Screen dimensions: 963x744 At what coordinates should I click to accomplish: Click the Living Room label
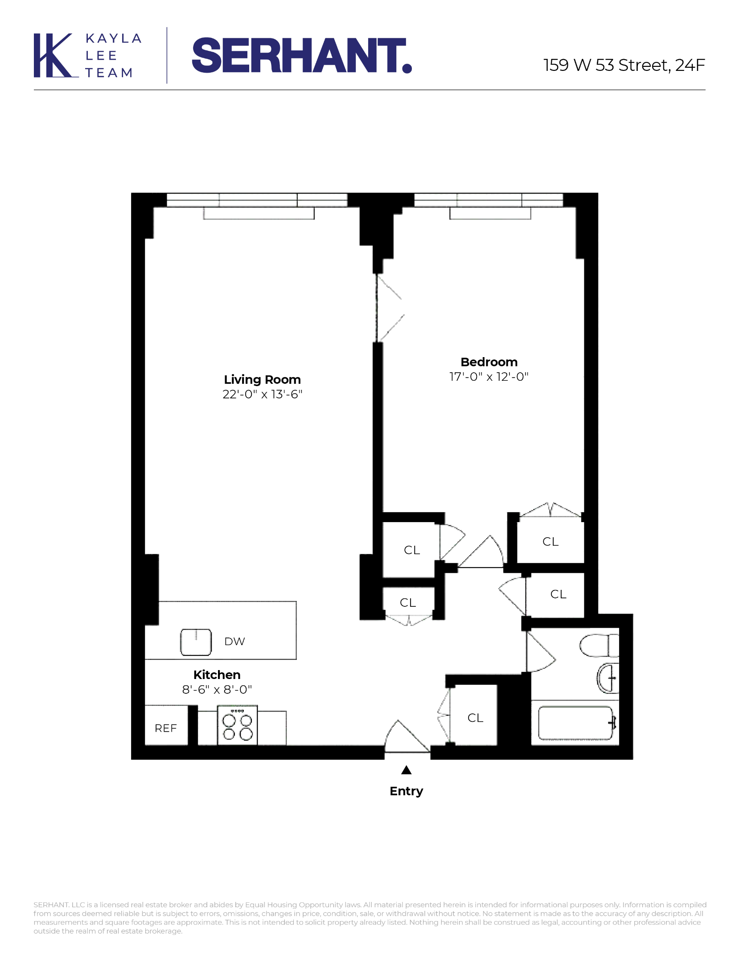coord(262,379)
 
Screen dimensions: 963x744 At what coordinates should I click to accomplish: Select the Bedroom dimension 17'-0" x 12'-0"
coord(489,377)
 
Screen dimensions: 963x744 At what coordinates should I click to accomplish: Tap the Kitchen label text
coord(217,675)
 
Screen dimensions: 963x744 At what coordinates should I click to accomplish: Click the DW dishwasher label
coord(234,641)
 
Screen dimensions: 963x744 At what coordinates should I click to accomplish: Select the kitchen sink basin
coord(196,642)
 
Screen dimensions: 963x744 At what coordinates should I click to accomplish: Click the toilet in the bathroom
coord(600,645)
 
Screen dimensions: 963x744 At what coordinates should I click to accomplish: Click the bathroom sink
coord(608,678)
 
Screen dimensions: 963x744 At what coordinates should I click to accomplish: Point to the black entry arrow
coord(406,770)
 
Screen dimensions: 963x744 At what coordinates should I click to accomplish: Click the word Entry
coord(406,791)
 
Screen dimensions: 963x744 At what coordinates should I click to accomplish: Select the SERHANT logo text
coord(301,55)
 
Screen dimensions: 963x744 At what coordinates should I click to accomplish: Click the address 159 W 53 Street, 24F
coord(624,65)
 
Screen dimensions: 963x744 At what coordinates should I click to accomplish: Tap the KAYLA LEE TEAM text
coord(113,55)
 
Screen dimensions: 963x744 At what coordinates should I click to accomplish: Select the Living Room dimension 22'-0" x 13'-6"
coord(262,394)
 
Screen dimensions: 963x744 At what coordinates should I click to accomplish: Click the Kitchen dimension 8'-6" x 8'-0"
coord(217,690)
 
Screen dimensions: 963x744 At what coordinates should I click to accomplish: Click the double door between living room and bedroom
coord(388,308)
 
